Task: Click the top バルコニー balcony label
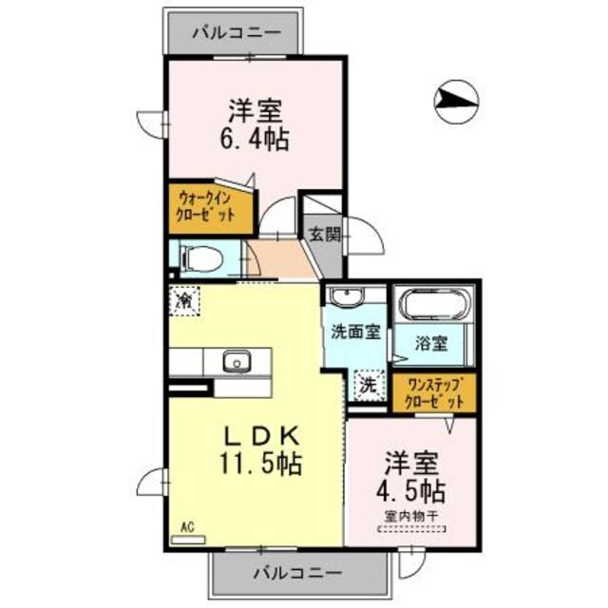click(236, 31)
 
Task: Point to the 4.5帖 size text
click(411, 491)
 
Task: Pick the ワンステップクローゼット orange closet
click(434, 392)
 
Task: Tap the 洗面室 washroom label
click(356, 333)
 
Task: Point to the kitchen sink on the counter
click(236, 361)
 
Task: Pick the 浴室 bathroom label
click(432, 343)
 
